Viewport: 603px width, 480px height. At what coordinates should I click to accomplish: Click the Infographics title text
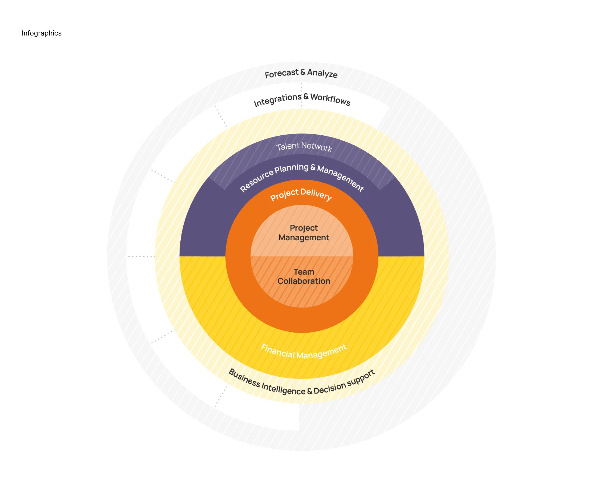coord(41,33)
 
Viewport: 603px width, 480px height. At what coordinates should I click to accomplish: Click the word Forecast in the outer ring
coord(282,73)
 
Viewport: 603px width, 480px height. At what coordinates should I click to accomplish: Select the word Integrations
coord(277,100)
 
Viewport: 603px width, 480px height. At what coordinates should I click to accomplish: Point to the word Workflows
coord(330,99)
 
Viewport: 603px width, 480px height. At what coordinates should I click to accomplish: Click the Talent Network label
coord(304,146)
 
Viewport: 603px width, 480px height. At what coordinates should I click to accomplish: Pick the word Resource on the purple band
coord(256,181)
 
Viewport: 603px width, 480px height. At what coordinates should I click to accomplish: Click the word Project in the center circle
coord(304,228)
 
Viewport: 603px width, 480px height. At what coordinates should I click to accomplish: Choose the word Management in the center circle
coord(304,237)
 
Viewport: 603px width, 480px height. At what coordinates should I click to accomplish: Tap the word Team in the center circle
coord(304,272)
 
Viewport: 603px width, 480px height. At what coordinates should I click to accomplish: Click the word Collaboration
coord(304,281)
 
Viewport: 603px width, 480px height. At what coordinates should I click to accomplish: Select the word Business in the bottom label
coord(244,378)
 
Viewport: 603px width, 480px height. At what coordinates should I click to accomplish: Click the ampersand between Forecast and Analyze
coord(303,72)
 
